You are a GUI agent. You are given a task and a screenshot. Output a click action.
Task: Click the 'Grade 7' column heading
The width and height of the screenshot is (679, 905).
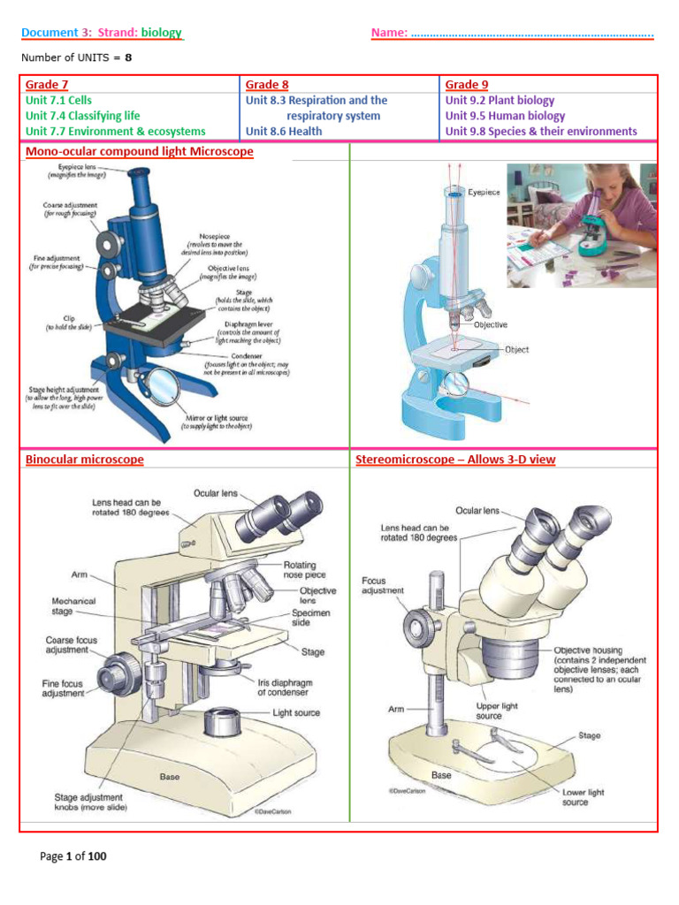(47, 85)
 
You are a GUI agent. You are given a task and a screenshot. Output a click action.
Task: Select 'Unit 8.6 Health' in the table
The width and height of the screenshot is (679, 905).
(284, 131)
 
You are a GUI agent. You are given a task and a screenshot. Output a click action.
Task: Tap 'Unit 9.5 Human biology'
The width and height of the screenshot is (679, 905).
(505, 116)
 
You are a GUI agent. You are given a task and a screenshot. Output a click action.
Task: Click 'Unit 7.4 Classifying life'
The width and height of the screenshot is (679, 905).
(82, 116)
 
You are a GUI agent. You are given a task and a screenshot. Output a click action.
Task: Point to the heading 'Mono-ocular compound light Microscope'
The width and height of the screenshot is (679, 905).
(139, 152)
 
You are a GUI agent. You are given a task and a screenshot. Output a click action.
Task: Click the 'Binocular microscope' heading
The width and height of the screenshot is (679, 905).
(84, 460)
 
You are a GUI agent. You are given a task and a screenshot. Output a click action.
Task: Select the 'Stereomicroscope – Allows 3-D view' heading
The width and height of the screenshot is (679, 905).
(455, 460)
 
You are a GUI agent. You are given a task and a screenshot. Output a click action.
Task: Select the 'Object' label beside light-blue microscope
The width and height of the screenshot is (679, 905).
(516, 349)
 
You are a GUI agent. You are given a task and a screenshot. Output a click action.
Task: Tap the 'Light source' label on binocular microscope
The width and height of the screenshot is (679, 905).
(296, 712)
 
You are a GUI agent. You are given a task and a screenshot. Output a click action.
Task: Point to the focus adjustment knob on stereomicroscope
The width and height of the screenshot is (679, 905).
(416, 626)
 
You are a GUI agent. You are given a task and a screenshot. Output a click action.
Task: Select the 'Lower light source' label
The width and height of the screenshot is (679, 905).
(584, 798)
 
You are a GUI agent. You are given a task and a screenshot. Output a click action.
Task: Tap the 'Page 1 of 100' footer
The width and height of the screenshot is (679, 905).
(73, 856)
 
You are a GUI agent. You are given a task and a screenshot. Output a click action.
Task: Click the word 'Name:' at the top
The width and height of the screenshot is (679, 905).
(389, 33)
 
